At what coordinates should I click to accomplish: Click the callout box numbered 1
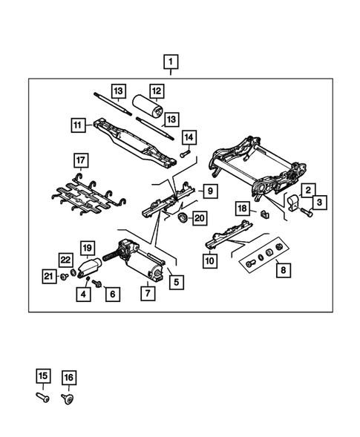tap(171, 61)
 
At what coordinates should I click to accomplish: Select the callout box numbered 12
tap(156, 91)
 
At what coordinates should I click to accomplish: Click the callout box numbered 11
tap(79, 125)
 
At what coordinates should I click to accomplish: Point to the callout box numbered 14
tap(189, 137)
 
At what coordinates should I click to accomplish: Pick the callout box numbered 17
tap(80, 160)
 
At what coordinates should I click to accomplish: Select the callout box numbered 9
tap(211, 191)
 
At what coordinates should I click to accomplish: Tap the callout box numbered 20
tap(199, 217)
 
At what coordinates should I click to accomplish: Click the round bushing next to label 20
tap(180, 217)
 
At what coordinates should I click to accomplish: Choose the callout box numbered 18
tap(242, 208)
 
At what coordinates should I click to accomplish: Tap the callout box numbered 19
tap(87, 247)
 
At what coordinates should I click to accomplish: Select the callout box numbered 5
tap(175, 282)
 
